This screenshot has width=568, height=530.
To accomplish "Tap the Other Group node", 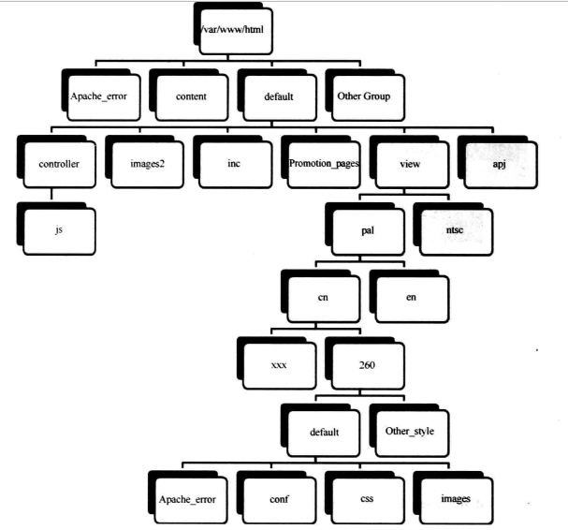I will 365,96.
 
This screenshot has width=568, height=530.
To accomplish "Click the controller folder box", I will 57,163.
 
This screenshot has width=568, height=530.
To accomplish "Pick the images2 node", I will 144,163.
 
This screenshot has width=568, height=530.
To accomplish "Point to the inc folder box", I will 233,163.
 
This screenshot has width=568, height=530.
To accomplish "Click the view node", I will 410,163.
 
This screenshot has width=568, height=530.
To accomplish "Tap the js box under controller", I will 58,229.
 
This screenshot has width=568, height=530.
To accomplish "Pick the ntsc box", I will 453,229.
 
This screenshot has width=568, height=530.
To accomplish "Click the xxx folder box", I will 279,365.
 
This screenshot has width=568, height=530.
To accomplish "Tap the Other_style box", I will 409,432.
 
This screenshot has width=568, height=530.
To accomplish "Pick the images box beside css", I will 453,498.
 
